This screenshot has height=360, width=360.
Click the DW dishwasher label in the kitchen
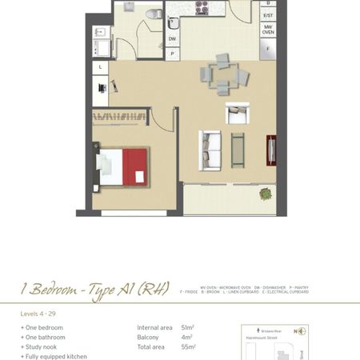pos(172,38)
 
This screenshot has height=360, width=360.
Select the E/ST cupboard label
pos(268,14)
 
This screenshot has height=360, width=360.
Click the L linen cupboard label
pos(101,68)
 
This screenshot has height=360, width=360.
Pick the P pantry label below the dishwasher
pos(172,54)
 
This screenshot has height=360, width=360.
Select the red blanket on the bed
pos(135,166)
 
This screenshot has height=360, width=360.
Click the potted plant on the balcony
pos(265,193)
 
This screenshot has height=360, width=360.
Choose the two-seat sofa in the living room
pos(210,150)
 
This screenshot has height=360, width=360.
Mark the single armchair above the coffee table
pos(237,114)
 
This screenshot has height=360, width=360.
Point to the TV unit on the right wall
pos(272,150)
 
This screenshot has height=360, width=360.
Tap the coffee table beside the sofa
pos(238,149)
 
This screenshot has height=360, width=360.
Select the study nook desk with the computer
pos(102,90)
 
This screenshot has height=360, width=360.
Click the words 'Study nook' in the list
pos(44,346)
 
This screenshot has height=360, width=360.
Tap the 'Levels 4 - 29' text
pos(38,314)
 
